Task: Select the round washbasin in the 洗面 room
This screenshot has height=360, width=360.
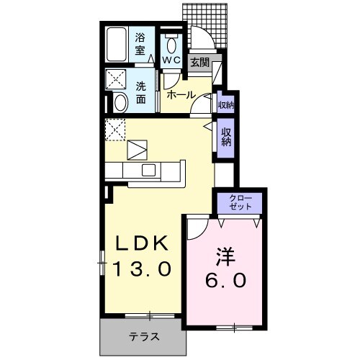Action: [x=120, y=103]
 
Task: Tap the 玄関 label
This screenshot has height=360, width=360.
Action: [x=199, y=63]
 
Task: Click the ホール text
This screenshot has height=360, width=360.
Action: [x=180, y=94]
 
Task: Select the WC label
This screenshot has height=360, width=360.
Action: [x=171, y=60]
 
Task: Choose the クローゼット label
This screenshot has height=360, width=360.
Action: [x=240, y=202]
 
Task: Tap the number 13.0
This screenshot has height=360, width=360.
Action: [x=143, y=269]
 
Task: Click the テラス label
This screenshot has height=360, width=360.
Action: [x=144, y=336]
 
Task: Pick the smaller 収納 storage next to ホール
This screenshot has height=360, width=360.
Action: [x=225, y=105]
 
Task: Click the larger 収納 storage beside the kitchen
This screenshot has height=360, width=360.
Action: [x=225, y=137]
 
